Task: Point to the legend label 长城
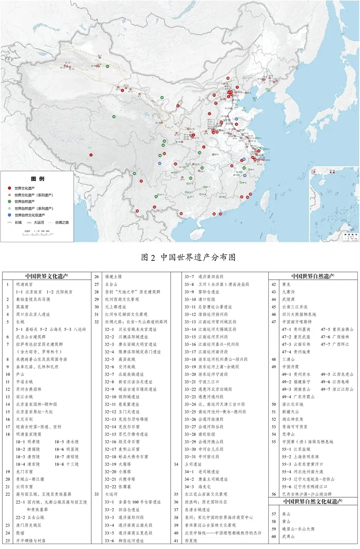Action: coord(18,222)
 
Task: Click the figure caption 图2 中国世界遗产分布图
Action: coord(189,257)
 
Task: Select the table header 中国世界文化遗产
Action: coord(49,276)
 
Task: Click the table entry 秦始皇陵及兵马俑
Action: coord(35,299)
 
